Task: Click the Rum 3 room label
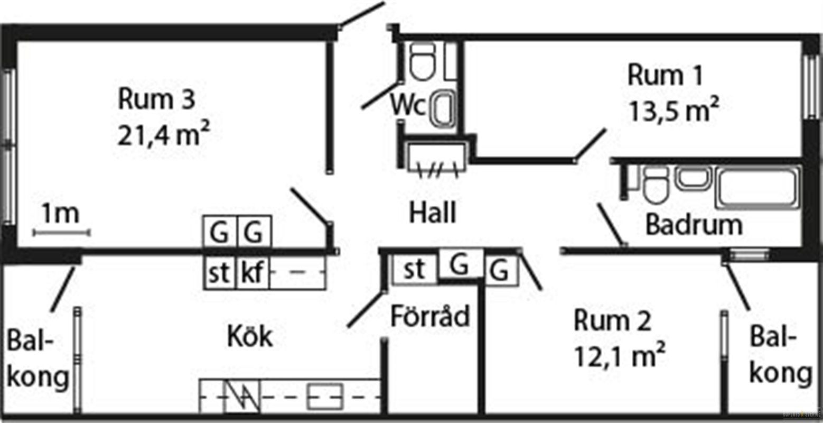pos(157,99)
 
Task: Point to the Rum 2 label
pos(613,321)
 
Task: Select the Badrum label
pos(694,225)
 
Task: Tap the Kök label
pos(250,336)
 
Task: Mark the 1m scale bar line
pos(61,232)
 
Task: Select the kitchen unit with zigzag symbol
pos(243,396)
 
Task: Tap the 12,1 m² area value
pos(619,356)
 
